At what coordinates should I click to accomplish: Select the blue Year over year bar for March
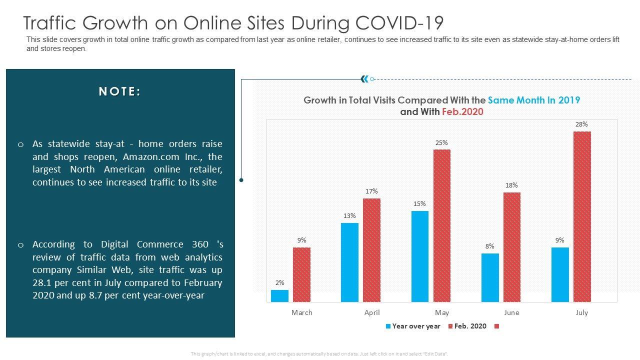tap(279, 296)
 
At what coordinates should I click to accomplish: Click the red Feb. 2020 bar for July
tap(582, 216)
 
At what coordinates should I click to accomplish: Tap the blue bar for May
tap(420, 256)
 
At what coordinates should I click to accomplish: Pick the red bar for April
tap(371, 250)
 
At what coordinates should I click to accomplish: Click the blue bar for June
tap(490, 277)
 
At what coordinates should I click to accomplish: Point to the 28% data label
tap(581, 124)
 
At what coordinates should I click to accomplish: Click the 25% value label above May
tap(441, 142)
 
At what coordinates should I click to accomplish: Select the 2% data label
tap(279, 282)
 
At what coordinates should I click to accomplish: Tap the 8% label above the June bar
tap(490, 246)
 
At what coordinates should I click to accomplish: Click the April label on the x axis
tap(371, 312)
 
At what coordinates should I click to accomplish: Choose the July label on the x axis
tap(581, 312)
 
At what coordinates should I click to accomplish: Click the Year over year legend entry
tap(413, 326)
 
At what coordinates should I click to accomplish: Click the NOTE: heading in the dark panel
tap(120, 91)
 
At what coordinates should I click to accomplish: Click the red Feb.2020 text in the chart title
tap(462, 111)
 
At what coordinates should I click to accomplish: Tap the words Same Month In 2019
tap(533, 100)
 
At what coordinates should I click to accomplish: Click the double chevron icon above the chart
tap(364, 78)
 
